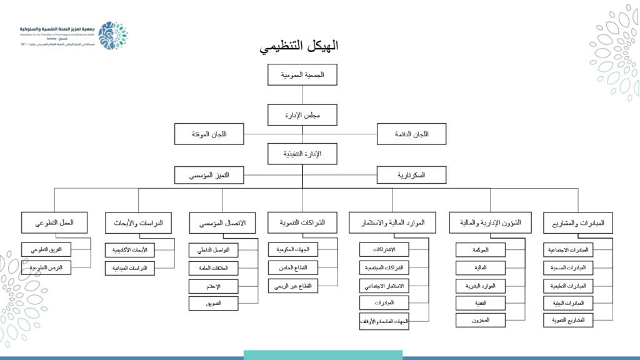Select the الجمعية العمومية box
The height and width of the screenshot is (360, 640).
pyautogui.click(x=302, y=75)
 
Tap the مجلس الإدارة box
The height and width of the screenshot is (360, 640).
pyautogui.click(x=302, y=115)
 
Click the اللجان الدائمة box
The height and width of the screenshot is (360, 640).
pyautogui.click(x=411, y=134)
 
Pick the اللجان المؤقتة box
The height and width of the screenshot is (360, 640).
pyautogui.click(x=209, y=134)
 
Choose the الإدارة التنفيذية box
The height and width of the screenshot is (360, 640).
pyautogui.click(x=302, y=154)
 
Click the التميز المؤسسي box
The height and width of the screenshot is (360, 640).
pyautogui.click(x=209, y=175)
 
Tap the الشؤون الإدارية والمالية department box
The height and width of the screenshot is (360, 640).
pyautogui.click(x=485, y=223)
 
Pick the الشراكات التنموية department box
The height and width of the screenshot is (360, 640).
pyautogui.click(x=302, y=222)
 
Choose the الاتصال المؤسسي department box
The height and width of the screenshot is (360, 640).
pyautogui.click(x=222, y=223)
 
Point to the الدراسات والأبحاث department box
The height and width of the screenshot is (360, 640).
pyautogui.click(x=138, y=223)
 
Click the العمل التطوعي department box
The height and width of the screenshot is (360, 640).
pyautogui.click(x=56, y=223)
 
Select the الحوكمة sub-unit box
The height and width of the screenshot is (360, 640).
pyautogui.click(x=481, y=251)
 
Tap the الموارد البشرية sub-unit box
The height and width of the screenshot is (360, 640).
pyautogui.click(x=481, y=286)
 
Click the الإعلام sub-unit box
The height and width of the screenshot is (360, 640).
pyautogui.click(x=213, y=286)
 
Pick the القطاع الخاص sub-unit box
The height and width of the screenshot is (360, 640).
pyautogui.click(x=294, y=268)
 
